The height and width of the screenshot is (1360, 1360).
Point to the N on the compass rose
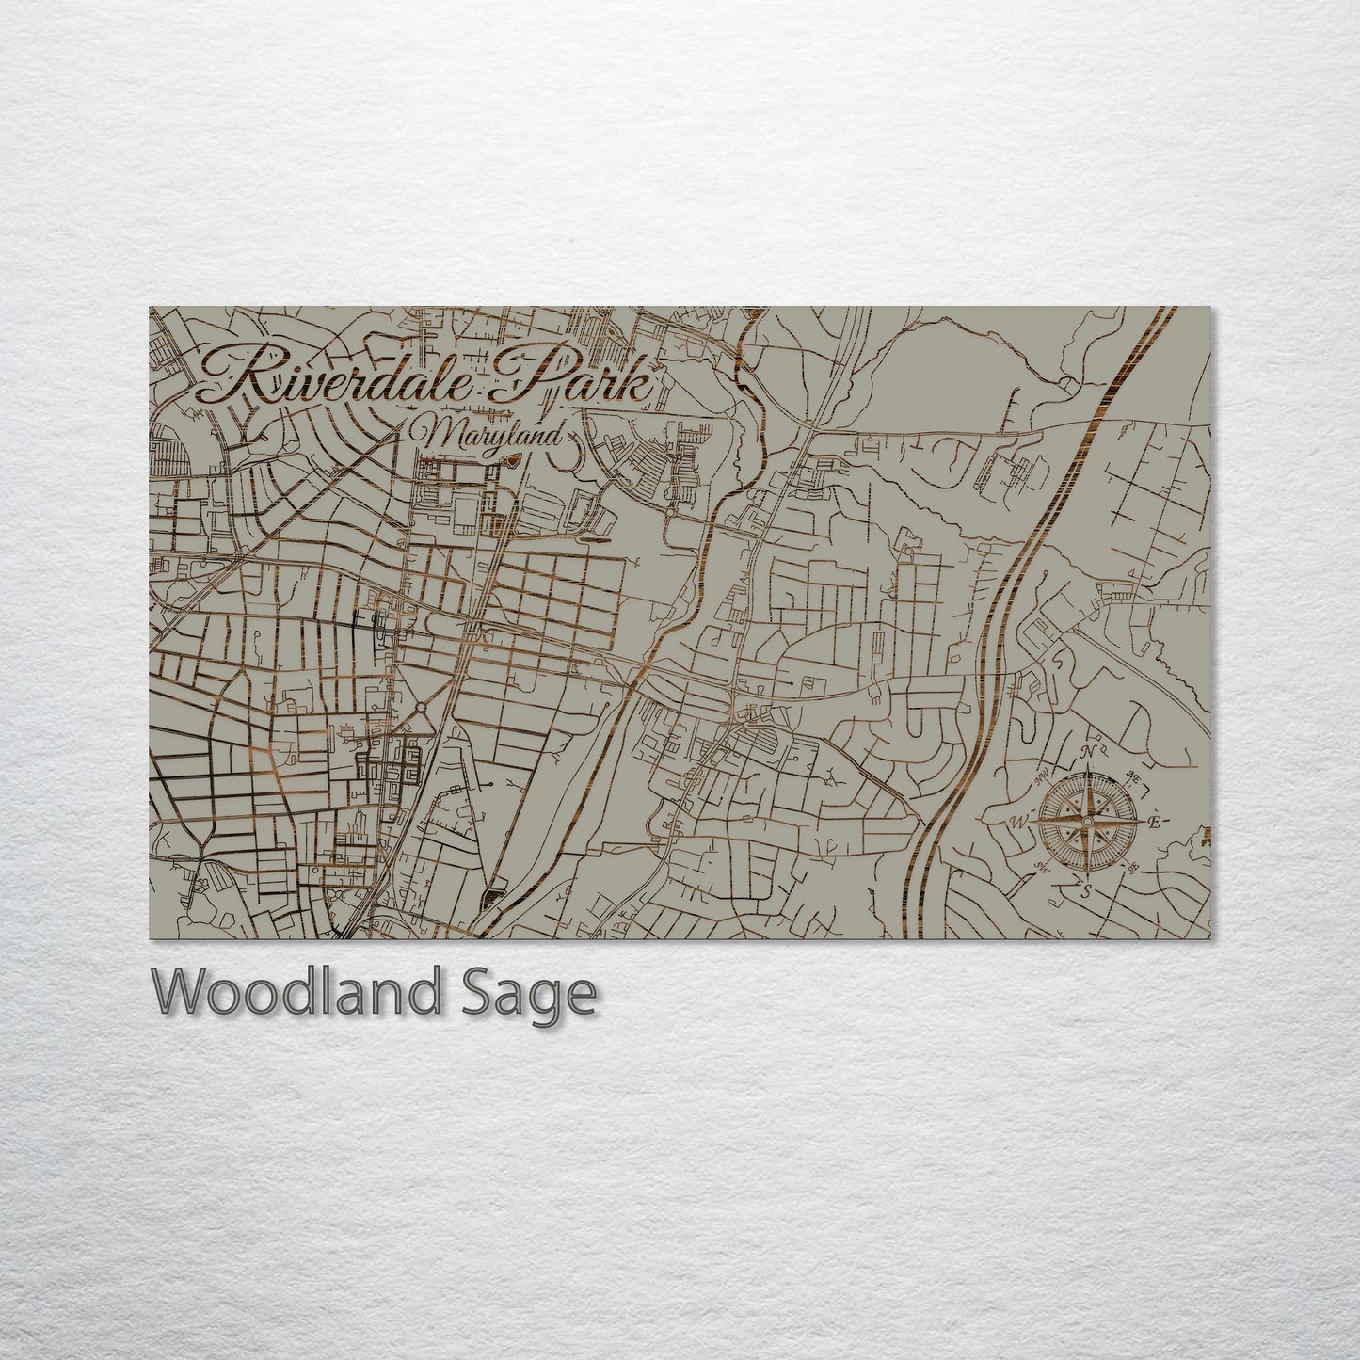[x=1088, y=752]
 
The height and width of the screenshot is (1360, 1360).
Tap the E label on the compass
[x=1153, y=822]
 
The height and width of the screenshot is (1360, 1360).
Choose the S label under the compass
[x=1086, y=889]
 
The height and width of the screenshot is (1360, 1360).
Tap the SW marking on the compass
[x=1042, y=866]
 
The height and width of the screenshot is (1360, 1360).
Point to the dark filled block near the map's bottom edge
[x=491, y=899]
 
